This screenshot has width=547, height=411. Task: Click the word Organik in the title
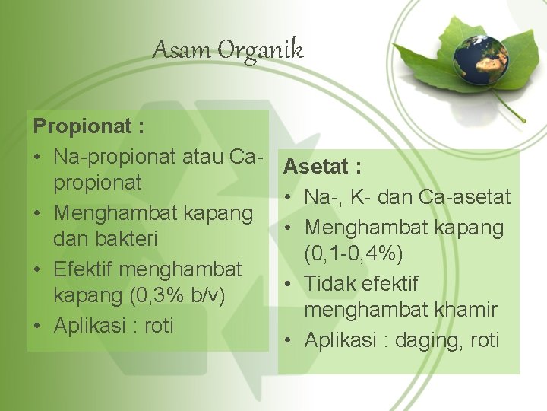click(261, 52)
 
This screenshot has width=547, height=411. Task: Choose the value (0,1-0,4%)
click(353, 253)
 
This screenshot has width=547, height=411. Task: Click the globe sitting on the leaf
click(481, 59)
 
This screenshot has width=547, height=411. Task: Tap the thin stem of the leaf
click(511, 107)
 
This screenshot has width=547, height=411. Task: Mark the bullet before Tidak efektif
click(290, 284)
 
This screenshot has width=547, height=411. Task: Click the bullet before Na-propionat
click(38, 156)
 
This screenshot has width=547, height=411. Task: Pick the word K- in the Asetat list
click(357, 197)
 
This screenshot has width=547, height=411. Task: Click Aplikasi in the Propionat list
click(90, 325)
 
